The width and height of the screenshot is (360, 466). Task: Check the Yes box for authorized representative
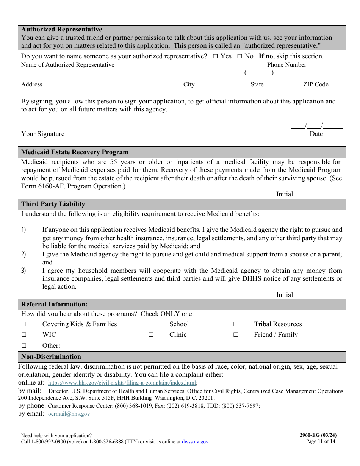tap(215, 56)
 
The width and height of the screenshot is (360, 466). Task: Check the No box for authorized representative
tap(239, 56)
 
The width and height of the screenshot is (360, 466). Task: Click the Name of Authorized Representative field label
tap(67, 65)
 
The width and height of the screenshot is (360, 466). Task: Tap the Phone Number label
tap(286, 65)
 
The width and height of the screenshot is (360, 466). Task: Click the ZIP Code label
tap(316, 84)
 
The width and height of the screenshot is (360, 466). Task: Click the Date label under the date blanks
tap(316, 134)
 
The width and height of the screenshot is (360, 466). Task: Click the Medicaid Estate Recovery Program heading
tap(75, 152)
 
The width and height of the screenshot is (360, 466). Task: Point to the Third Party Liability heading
tap(53, 204)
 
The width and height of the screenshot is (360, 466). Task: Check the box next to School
tap(151, 324)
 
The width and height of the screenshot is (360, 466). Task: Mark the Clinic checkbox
tap(151, 335)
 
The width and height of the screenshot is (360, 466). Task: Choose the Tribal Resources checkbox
tap(236, 324)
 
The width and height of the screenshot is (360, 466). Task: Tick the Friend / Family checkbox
tap(236, 335)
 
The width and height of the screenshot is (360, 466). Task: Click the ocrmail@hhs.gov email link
tap(69, 414)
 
